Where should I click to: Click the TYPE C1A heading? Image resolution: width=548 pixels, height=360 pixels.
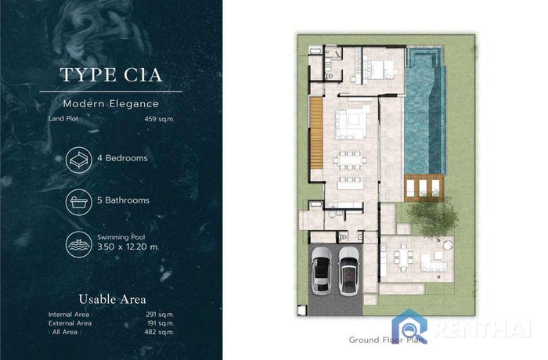tap(111, 75)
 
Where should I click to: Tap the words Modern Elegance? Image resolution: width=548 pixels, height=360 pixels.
tap(111, 104)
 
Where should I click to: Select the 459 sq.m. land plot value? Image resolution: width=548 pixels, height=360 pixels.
tap(159, 119)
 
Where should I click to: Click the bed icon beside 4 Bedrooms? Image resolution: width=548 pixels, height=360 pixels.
tap(79, 160)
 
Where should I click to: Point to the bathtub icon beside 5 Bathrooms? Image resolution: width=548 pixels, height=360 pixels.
tap(79, 202)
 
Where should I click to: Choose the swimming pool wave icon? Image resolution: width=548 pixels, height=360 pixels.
tap(79, 244)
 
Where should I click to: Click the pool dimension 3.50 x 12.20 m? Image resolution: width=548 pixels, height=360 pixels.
tap(128, 247)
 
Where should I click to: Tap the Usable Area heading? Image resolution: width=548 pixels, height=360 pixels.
tap(112, 299)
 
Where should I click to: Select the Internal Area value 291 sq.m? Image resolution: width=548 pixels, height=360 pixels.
tap(160, 315)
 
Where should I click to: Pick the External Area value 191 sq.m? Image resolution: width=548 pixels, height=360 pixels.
tap(160, 323)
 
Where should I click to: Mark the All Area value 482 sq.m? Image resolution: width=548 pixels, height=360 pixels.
tap(159, 332)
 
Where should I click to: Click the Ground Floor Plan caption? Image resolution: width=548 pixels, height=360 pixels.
tap(386, 340)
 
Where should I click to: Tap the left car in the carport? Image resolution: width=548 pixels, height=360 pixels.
tap(321, 271)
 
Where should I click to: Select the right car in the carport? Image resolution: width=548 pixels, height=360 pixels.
tap(348, 272)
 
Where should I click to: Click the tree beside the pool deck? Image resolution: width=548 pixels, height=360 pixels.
tap(432, 217)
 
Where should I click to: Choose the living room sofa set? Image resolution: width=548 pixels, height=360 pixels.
tap(352, 123)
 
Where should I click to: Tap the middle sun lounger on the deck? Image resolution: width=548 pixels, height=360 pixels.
tap(423, 189)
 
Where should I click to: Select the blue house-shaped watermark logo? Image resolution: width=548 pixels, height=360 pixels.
tap(409, 326)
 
